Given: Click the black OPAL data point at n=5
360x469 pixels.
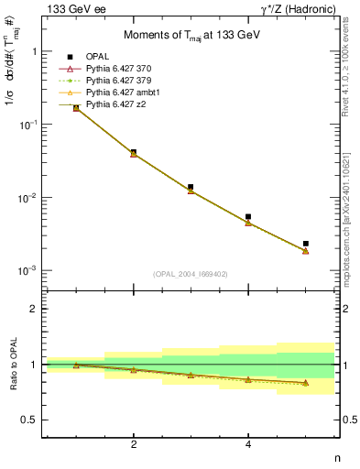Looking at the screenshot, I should coord(305,244).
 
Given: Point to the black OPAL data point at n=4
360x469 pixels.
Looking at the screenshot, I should coord(248,217).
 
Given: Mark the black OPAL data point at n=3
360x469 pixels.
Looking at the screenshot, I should coord(191,187).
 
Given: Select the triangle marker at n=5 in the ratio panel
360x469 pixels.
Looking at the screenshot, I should coord(305,383).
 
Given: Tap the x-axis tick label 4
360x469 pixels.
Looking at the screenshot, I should coord(248,445).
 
